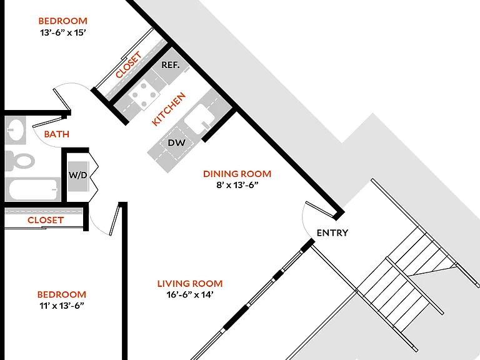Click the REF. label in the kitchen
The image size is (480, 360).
click(171, 65)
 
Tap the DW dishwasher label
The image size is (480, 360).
click(177, 142)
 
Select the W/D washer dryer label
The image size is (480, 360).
click(77, 175)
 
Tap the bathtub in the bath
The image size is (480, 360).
click(33, 189)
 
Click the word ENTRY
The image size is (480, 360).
click(332, 233)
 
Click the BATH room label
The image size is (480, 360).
click(57, 134)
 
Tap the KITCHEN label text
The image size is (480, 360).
click(169, 109)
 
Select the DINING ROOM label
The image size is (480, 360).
click(237, 174)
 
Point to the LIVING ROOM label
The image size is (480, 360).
click(190, 284)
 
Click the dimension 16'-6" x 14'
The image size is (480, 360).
click(190, 294)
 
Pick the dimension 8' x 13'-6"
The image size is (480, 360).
click(237, 185)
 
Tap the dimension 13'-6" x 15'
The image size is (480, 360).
click(62, 32)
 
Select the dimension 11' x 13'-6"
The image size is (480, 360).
click(61, 306)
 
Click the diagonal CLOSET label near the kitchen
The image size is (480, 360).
click(129, 64)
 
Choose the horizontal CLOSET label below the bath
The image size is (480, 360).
click(45, 220)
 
